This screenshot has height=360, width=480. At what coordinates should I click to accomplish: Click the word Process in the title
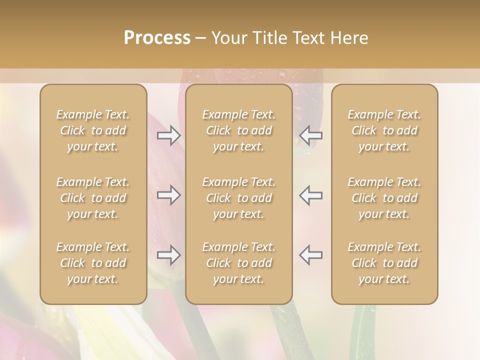pyautogui.click(x=157, y=38)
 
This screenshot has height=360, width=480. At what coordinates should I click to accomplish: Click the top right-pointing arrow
pyautogui.click(x=168, y=135)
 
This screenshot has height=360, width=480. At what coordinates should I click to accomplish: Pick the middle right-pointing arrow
pyautogui.click(x=168, y=195)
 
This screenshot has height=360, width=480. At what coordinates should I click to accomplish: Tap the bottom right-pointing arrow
pyautogui.click(x=168, y=255)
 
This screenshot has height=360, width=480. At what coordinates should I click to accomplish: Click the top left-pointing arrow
pyautogui.click(x=311, y=135)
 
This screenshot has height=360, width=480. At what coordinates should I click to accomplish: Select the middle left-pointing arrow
pyautogui.click(x=311, y=195)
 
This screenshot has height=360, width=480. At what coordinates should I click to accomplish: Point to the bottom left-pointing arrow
pyautogui.click(x=311, y=255)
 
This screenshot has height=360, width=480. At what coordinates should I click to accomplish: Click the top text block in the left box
pyautogui.click(x=93, y=130)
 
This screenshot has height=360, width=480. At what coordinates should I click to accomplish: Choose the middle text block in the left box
pyautogui.click(x=93, y=198)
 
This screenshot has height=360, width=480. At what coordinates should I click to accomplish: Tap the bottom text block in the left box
pyautogui.click(x=93, y=263)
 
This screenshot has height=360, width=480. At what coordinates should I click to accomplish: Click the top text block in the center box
pyautogui.click(x=239, y=130)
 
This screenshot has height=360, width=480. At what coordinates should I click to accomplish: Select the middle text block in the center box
pyautogui.click(x=239, y=198)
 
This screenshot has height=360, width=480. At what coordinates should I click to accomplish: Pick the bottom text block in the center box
pyautogui.click(x=239, y=263)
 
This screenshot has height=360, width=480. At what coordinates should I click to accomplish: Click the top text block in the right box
pyautogui.click(x=384, y=130)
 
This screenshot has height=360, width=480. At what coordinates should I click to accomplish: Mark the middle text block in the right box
pyautogui.click(x=384, y=198)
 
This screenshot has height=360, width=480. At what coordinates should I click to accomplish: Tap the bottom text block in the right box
pyautogui.click(x=384, y=263)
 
